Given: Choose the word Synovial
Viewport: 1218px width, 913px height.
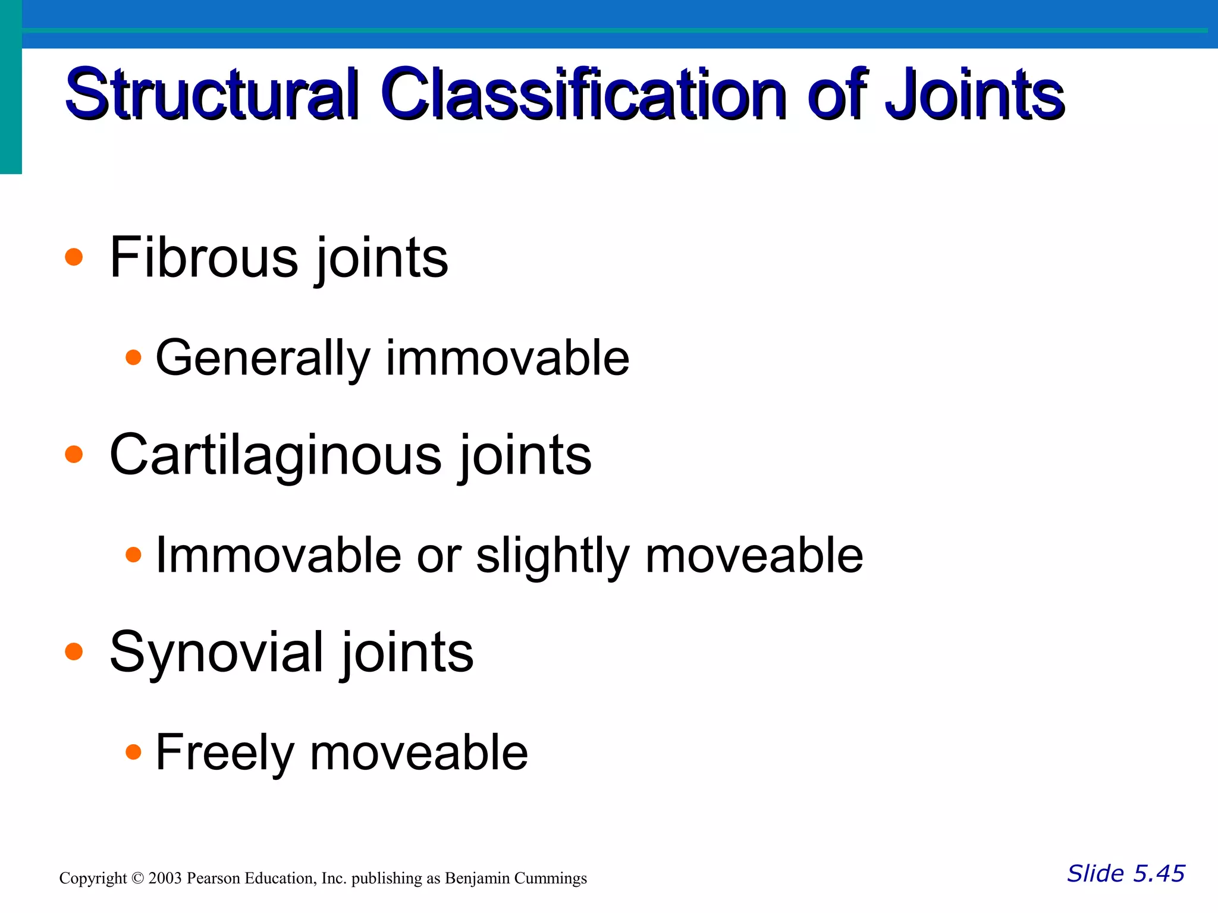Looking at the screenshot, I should tap(216, 652).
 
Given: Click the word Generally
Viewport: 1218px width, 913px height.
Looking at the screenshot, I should tap(262, 358).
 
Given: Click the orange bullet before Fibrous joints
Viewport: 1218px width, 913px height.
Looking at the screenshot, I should tap(74, 257).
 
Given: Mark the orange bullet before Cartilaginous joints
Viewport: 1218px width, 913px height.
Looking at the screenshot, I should tap(74, 455).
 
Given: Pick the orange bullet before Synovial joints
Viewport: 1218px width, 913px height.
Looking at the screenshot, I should tap(74, 651).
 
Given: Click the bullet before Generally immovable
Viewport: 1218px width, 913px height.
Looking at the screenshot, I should tap(134, 357).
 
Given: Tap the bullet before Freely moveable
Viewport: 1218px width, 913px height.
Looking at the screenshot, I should tap(134, 752).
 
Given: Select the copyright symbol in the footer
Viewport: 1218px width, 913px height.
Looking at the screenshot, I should tap(137, 878).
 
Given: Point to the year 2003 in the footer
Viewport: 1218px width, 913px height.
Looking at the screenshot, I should tap(165, 878).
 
